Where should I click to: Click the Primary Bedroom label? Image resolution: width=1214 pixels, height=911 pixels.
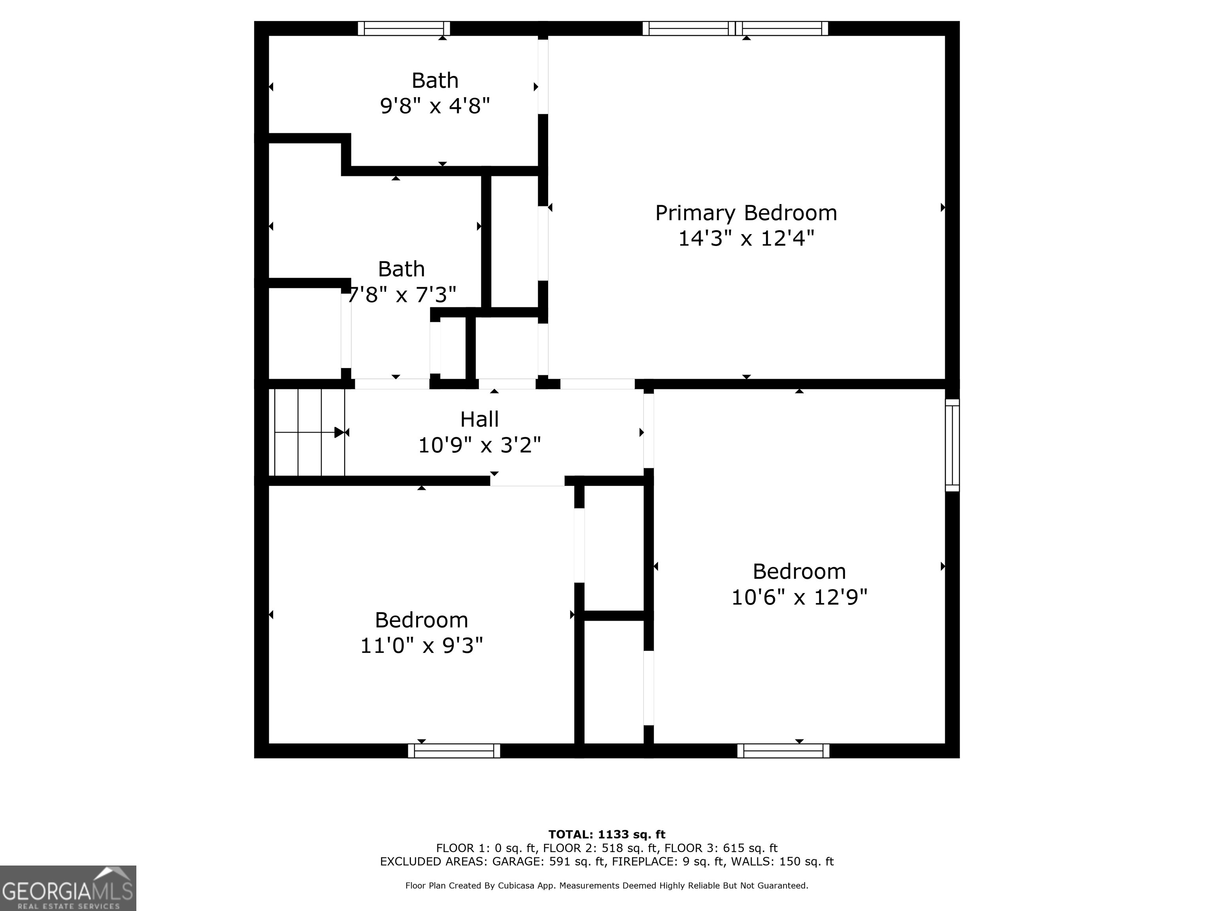[746, 213]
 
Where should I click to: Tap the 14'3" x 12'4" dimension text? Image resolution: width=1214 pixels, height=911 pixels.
[746, 239]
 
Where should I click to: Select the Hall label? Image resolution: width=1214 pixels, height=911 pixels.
[479, 420]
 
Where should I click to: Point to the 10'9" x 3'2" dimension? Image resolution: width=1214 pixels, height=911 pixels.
[479, 445]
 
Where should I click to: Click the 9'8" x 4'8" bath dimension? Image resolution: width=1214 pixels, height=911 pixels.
[435, 106]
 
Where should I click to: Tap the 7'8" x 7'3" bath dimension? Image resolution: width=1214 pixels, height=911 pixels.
[402, 295]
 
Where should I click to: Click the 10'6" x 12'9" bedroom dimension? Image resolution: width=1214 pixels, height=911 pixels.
[799, 597]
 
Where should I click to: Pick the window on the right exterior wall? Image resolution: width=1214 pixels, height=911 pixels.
[952, 445]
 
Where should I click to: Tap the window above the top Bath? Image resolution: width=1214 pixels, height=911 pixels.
[404, 28]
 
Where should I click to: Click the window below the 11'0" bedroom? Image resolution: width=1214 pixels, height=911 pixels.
[454, 750]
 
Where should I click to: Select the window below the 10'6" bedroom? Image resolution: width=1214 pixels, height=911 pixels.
[783, 750]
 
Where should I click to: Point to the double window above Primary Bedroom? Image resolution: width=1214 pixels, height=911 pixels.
[735, 28]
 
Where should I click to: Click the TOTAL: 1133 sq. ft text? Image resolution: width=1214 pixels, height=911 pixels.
[607, 835]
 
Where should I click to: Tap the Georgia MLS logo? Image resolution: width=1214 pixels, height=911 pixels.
[68, 888]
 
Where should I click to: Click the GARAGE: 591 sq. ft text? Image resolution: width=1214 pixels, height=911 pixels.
[549, 862]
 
